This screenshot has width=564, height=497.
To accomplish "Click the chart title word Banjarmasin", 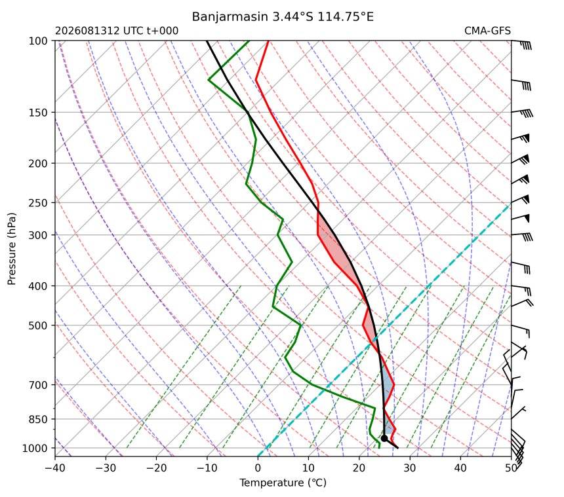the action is [230, 17].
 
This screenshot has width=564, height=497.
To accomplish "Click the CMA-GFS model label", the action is [487, 31].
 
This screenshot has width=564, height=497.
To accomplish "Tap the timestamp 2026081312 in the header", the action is [87, 31].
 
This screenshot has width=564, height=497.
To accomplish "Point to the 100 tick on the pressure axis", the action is [38, 41].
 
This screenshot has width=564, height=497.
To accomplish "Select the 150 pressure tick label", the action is [38, 113].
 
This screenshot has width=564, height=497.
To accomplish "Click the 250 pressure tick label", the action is [38, 203].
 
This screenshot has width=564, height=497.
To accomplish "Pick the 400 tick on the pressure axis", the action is [38, 286].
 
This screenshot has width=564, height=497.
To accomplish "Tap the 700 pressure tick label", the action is [38, 385].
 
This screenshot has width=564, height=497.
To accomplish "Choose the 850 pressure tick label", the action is [38, 419].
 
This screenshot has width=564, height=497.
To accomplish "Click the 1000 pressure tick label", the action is [35, 448].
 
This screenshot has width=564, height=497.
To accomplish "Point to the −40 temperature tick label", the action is [55, 468].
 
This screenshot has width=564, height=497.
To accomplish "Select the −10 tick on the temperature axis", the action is [207, 468].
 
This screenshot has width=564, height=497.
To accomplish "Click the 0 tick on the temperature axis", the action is [258, 468].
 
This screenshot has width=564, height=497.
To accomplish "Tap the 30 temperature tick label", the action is [410, 468].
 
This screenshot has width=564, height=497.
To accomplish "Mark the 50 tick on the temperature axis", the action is [511, 468].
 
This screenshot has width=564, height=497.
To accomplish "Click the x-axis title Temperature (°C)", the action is [283, 483].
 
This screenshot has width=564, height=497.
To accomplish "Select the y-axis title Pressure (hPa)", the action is [12, 249].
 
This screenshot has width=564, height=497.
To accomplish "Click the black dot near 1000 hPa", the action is [384, 438].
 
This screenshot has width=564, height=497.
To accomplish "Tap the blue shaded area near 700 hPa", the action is [387, 386].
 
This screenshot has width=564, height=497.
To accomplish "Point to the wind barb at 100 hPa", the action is [521, 44].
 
